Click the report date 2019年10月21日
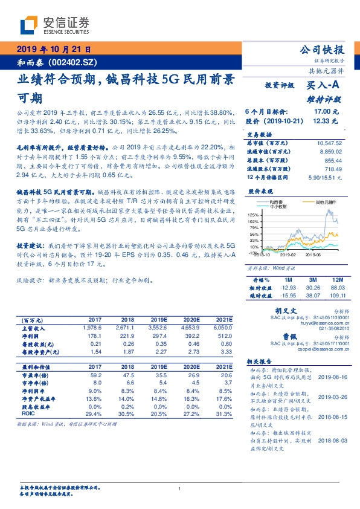tap(53, 49)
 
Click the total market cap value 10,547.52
tap(327, 143)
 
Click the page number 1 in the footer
tap(180, 488)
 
